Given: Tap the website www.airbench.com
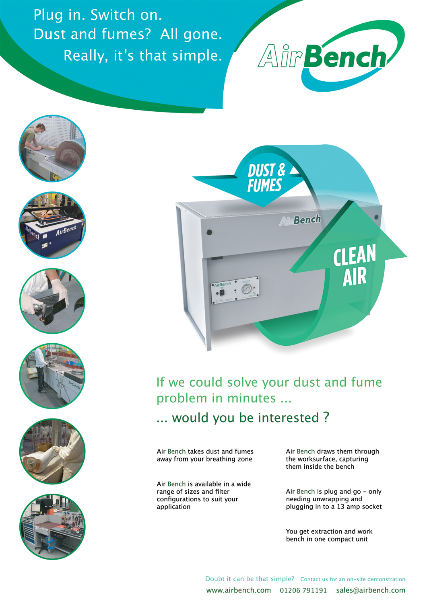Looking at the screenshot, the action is point(238,591).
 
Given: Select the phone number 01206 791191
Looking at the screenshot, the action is point(303,591).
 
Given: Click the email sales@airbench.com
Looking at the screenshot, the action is point(371,591).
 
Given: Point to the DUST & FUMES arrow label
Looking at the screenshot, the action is point(266,178).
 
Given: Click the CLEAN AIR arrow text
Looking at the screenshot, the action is point(355,265).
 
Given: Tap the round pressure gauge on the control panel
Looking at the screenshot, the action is point(246,289).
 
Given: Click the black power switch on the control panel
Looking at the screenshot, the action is point(222,293).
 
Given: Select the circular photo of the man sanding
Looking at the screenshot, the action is point(52,149).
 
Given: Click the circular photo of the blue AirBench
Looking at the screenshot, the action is point(52,225).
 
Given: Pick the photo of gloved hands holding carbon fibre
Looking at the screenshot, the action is point(52,301).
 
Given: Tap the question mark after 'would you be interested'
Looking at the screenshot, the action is point(326,418).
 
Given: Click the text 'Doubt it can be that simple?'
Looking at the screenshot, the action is point(250,579).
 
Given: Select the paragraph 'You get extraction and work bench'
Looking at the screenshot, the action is point(329,535).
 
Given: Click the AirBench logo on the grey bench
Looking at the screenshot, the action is point(300,220).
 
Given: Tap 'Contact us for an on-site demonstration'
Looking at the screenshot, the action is point(353,579).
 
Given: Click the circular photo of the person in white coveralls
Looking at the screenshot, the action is point(52,451).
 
